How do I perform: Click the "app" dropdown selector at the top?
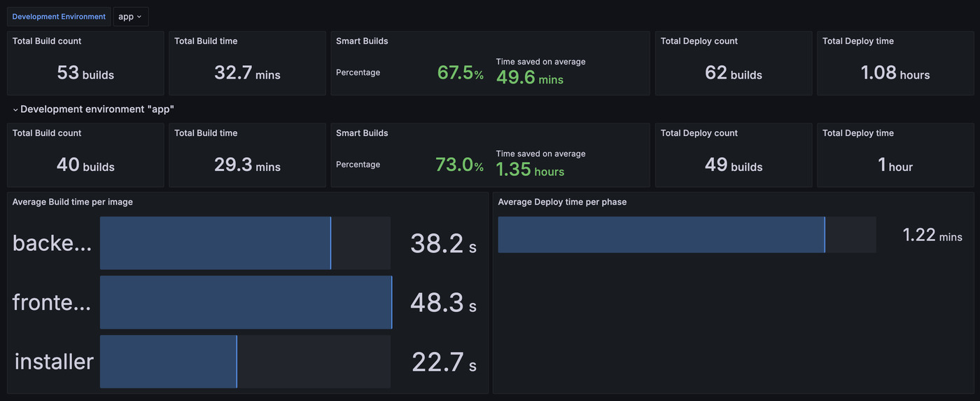coord(130,16)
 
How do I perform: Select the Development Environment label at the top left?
coord(59,16)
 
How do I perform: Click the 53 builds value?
coord(85,73)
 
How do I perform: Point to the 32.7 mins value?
coord(247,73)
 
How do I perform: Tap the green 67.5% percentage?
coord(460,73)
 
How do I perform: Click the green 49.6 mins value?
coord(529,78)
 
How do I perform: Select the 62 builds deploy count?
coord(734,73)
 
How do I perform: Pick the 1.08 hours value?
coord(895,73)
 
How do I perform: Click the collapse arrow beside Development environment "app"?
coord(15,110)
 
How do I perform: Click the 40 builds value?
coord(85,165)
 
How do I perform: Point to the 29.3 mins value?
coord(247,165)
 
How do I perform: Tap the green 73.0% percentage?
coord(459,165)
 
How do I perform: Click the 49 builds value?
coord(734,165)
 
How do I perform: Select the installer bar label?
coord(54,362)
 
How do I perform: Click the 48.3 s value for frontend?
coord(443,303)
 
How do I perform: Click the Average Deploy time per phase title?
coord(562,202)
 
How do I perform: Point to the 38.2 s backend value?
coord(443,243)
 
